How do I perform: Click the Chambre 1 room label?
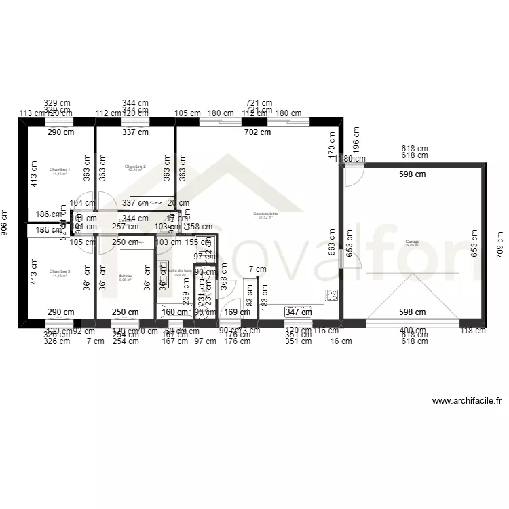click(x=60, y=170)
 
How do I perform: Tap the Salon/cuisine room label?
click(x=265, y=215)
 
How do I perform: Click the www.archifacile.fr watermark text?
click(x=466, y=401)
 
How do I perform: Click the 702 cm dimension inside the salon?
click(x=257, y=133)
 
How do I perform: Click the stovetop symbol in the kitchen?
click(x=333, y=295)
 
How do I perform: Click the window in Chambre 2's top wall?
click(x=135, y=121)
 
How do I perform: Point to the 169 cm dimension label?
click(x=231, y=312)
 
